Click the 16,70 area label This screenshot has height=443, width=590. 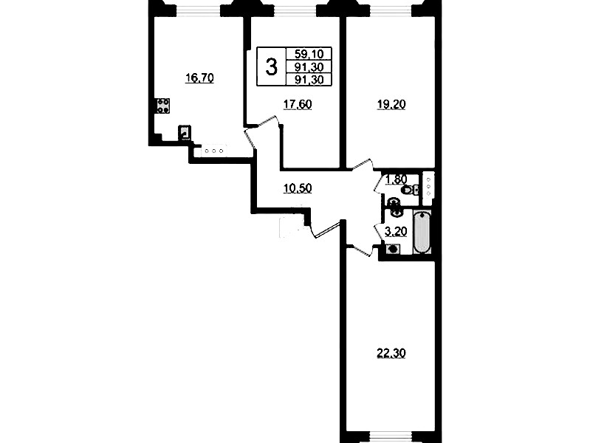tap(199, 78)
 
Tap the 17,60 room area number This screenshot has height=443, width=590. tap(298, 105)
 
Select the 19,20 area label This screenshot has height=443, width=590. tap(391, 105)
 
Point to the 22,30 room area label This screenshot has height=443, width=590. tap(391, 354)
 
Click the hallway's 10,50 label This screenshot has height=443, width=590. tap(298, 188)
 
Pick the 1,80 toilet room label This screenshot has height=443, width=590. tap(397, 180)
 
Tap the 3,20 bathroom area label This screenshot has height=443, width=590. tap(397, 232)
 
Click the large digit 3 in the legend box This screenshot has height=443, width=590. tap(271, 67)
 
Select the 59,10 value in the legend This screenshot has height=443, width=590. tap(309, 54)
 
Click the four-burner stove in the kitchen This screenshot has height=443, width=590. tap(163, 106)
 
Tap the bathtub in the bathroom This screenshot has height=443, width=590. tap(422, 233)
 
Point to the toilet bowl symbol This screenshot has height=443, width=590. tap(408, 190)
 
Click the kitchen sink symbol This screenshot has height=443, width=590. tap(185, 132)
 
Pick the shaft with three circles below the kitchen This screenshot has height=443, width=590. tap(213, 151)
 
